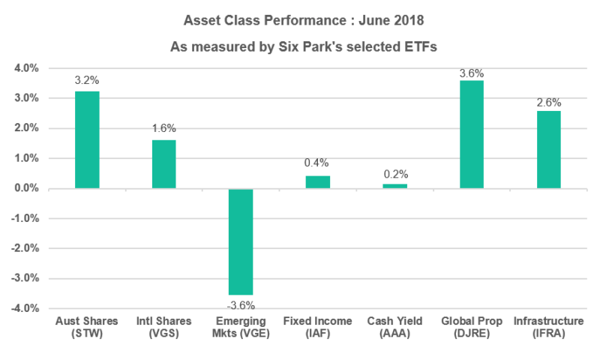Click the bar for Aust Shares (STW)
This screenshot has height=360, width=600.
point(87,139)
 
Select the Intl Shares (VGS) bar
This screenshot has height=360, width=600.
point(164,164)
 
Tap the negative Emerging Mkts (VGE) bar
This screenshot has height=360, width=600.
point(241,241)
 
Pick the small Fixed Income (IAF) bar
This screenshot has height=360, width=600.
point(318,182)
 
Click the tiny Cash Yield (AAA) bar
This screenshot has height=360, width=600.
point(394,186)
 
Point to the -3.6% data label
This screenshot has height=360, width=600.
point(241,304)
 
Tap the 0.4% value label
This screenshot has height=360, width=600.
point(318,163)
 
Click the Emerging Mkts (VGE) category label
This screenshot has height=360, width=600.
point(241,328)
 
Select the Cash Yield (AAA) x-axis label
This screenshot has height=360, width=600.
point(394,328)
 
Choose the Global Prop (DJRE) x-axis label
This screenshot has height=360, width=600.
point(472,328)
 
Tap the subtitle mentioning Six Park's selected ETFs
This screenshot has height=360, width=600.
point(300,46)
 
